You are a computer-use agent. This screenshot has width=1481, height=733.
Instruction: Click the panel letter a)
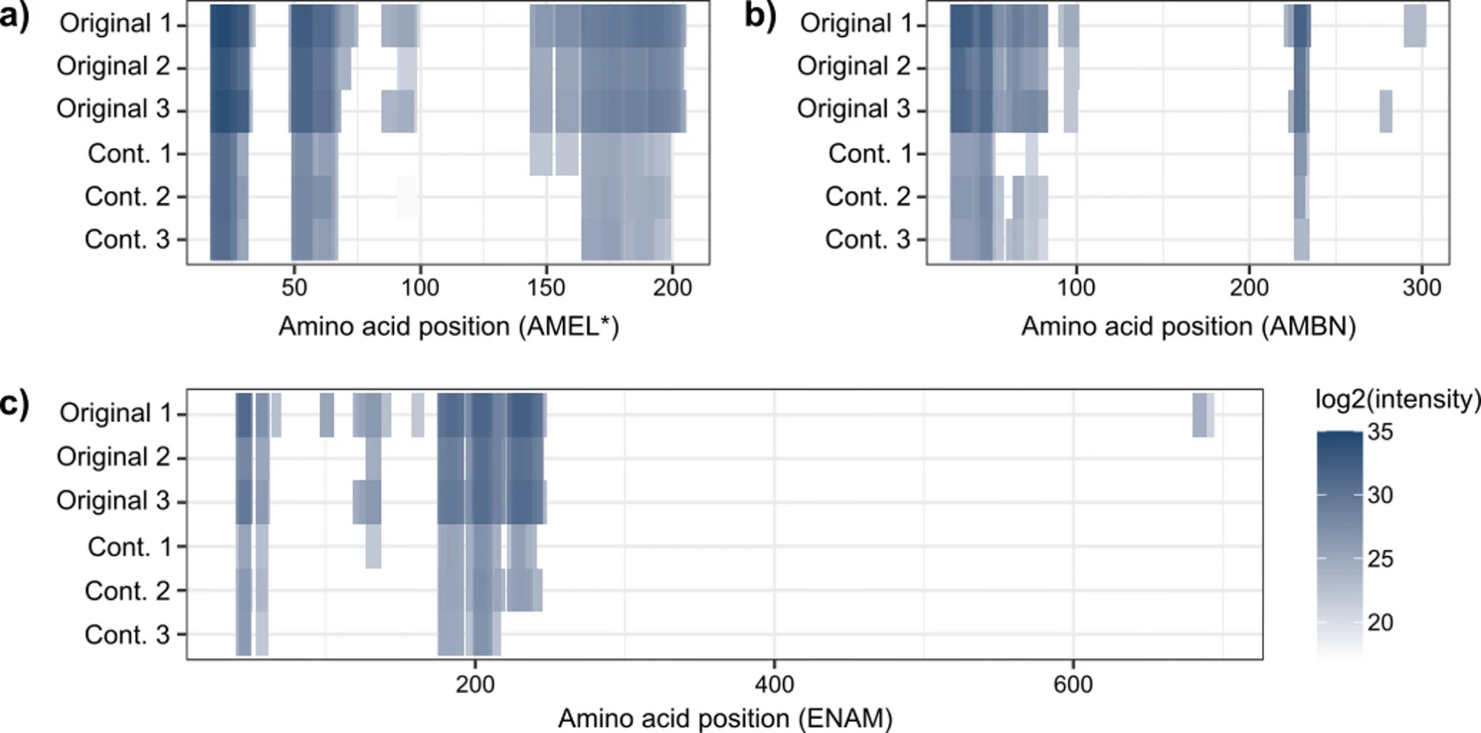[x=15, y=16]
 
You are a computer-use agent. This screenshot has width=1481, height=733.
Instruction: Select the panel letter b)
[x=760, y=16]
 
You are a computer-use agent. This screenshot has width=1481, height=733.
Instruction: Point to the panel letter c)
[x=15, y=404]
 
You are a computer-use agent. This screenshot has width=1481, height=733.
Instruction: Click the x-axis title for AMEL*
[x=448, y=327]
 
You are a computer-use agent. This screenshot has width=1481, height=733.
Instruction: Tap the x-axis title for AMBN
[x=1189, y=327]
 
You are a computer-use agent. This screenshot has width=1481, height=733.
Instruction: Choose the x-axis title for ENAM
[x=725, y=717]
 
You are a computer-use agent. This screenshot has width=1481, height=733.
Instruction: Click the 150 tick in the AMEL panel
[x=546, y=287]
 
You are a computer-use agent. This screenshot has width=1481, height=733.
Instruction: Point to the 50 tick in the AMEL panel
[x=294, y=287]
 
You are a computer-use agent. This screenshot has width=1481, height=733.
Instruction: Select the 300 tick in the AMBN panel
[x=1422, y=287]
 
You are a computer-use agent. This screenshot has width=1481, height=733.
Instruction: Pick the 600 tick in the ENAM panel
[x=1073, y=683]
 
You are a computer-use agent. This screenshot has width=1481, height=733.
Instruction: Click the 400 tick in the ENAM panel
[x=775, y=683]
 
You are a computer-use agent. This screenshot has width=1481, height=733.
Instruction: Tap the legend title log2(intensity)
[x=1397, y=400]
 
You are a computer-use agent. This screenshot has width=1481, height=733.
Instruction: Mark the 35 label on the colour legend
[x=1380, y=432]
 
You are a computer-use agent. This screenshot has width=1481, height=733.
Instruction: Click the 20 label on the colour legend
[x=1380, y=623]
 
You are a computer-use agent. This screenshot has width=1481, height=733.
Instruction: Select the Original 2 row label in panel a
[x=113, y=67]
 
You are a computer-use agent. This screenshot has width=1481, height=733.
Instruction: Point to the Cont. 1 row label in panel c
[x=129, y=547]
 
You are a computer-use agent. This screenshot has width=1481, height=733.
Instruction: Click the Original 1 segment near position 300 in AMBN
[x=1414, y=25]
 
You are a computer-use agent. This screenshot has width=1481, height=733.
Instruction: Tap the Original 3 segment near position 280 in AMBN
[x=1385, y=111]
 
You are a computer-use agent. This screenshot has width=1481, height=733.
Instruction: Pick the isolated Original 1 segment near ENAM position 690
[x=1203, y=415]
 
